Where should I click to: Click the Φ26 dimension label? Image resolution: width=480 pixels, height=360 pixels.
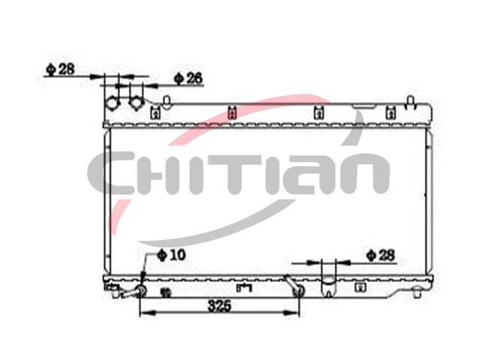pos(188,78)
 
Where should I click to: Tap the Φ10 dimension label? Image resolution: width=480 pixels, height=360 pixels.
pos(172,255)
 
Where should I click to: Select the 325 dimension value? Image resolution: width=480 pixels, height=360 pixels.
pos(219,305)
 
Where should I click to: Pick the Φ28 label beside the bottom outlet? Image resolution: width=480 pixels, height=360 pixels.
pos(381,255)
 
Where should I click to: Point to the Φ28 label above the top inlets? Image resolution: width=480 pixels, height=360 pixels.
pos(60,69)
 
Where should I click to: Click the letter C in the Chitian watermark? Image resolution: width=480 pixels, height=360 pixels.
pos(111,173)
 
